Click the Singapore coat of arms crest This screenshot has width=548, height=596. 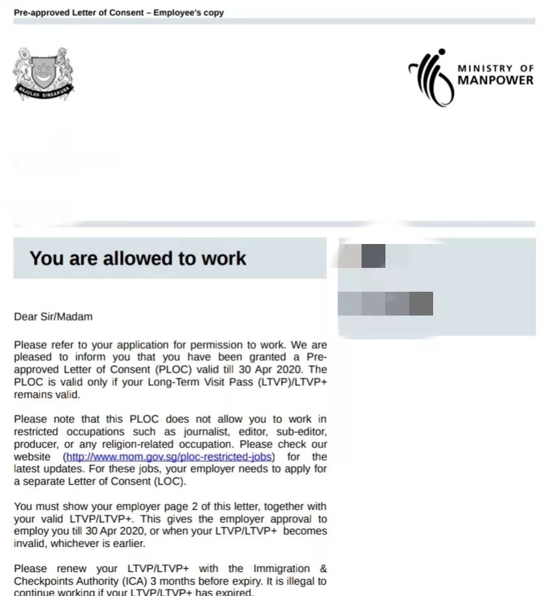(x=43, y=72)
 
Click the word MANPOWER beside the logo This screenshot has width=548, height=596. (x=495, y=80)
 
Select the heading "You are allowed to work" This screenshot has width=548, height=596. (x=138, y=258)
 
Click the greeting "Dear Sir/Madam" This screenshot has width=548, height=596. (x=53, y=316)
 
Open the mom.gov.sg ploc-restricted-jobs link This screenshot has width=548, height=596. (x=170, y=457)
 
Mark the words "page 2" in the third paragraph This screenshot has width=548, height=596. (x=158, y=506)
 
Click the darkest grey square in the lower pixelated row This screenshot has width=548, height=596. (x=421, y=304)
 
